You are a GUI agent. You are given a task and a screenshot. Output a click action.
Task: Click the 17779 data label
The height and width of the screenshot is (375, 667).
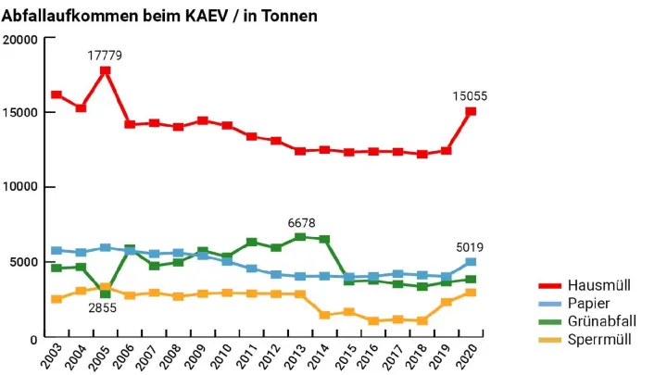coord(105,56)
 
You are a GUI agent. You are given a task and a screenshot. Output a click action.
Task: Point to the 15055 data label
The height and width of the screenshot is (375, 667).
coord(470,95)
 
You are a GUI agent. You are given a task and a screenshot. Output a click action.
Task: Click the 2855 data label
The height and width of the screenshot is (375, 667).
coord(102,308)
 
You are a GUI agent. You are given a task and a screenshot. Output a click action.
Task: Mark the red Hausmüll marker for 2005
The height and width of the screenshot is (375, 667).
coord(106,70)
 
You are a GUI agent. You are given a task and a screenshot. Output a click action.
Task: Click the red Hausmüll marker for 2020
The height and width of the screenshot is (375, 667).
coord(471,111)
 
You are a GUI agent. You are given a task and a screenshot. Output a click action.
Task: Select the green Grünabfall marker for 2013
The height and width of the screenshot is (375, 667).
coord(300,237)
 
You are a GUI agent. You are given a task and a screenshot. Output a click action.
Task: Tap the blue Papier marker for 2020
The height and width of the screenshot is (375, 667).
coord(471,262)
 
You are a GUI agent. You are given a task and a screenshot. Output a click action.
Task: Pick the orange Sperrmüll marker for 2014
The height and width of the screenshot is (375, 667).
coord(324,315)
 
